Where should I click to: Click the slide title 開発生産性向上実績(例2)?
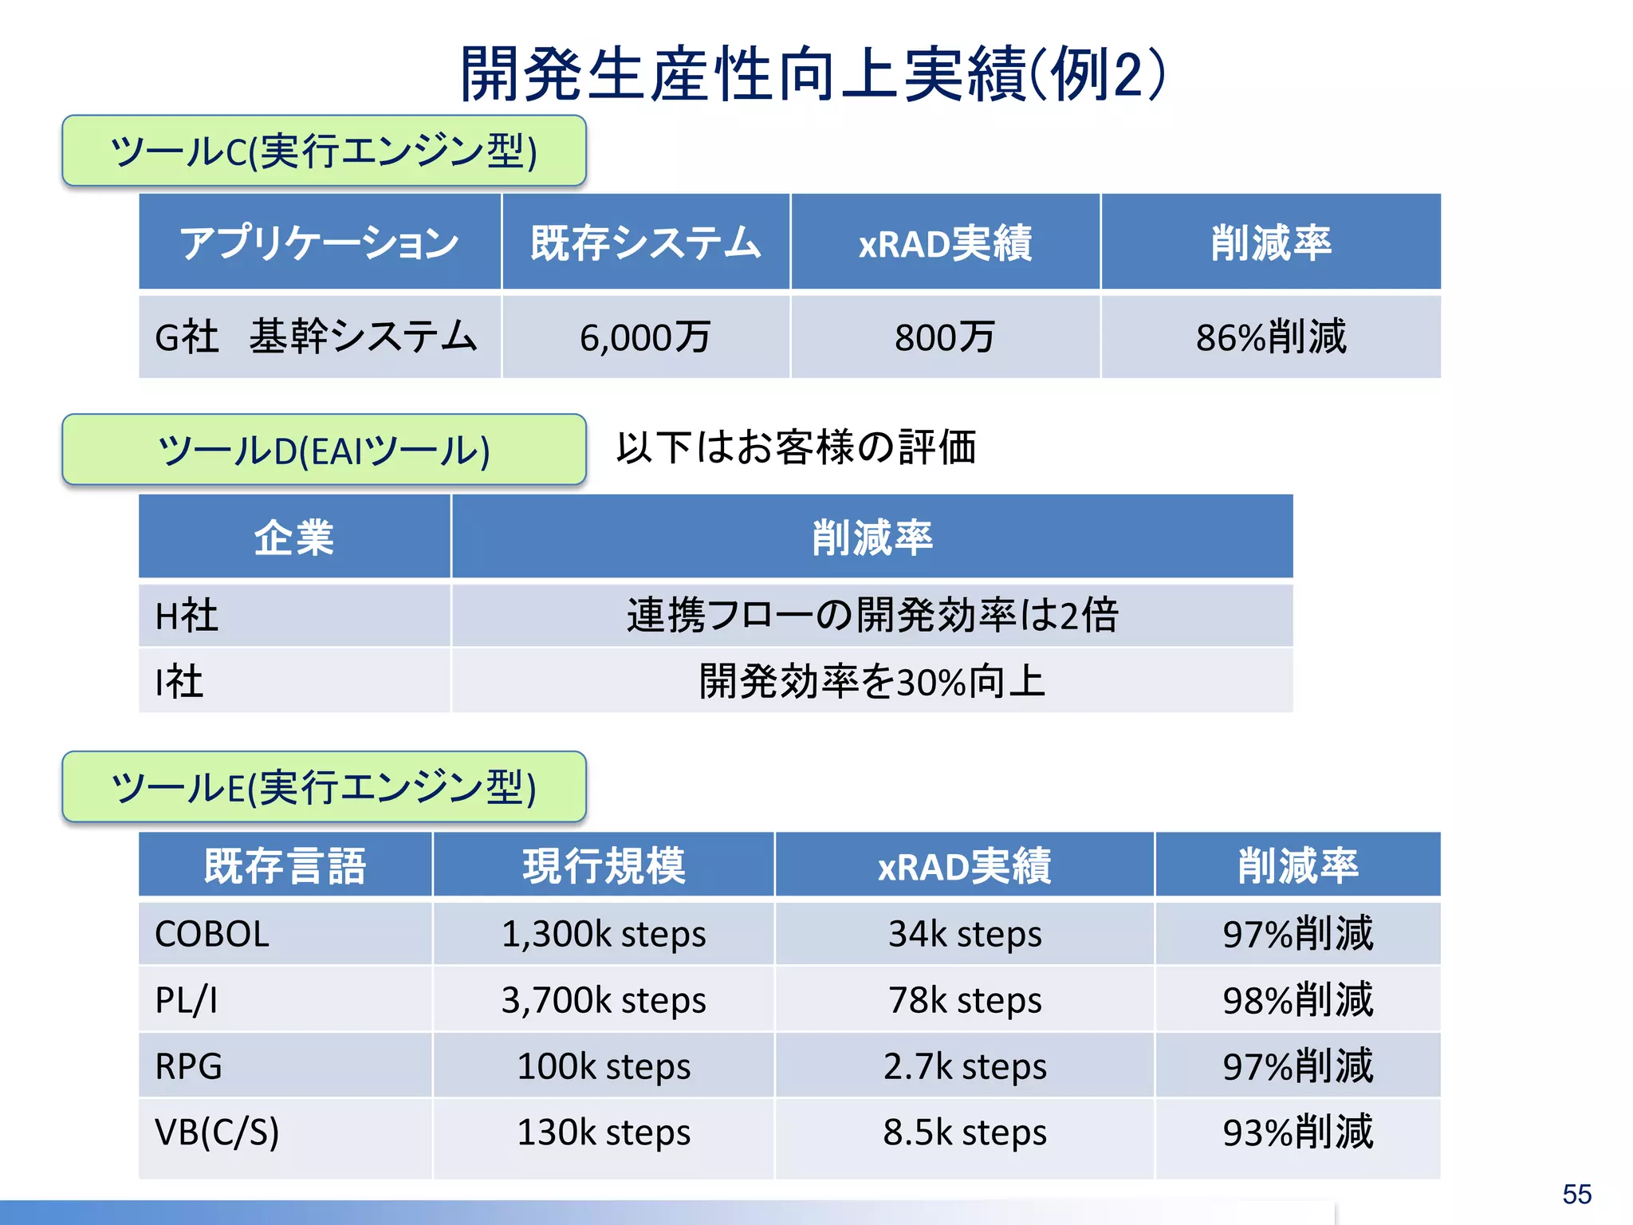pyautogui.click(x=813, y=74)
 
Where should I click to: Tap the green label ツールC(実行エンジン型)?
pyautogui.click(x=324, y=151)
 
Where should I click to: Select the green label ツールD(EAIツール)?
pyautogui.click(x=324, y=450)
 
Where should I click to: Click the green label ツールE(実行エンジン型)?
pyautogui.click(x=324, y=787)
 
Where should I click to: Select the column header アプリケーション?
pyautogui.click(x=319, y=242)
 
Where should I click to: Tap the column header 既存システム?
pyautogui.click(x=645, y=242)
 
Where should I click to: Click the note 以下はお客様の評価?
pyautogui.click(x=796, y=447)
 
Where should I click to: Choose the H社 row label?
pyautogui.click(x=187, y=616)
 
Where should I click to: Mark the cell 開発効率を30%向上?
pyautogui.click(x=872, y=682)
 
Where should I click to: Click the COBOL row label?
pyautogui.click(x=212, y=934)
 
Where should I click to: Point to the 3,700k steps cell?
pyautogui.click(x=604, y=1000)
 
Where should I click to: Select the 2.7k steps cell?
pyautogui.click(x=964, y=1066)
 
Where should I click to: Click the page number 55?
pyautogui.click(x=1576, y=1194)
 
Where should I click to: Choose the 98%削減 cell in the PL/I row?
pyautogui.click(x=1297, y=1000)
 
